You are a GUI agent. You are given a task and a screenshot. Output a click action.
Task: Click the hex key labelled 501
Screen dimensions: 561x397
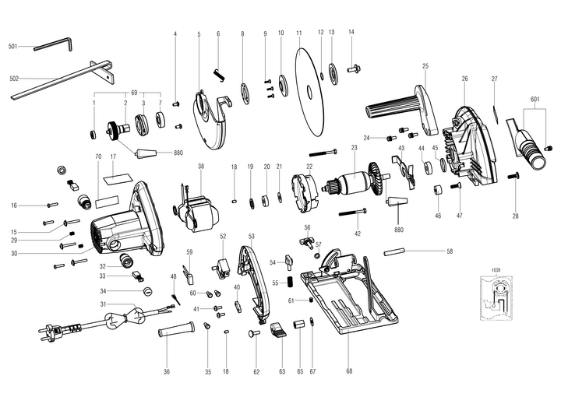(x=54, y=44)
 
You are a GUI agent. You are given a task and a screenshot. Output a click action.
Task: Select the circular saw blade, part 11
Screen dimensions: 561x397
(x=309, y=92)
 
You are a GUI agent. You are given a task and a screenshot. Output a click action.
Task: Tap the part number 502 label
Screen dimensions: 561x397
(x=13, y=79)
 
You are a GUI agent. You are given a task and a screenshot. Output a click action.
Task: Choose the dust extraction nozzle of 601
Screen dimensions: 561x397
(x=527, y=144)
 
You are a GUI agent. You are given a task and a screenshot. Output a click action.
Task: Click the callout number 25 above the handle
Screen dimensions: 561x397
(x=425, y=66)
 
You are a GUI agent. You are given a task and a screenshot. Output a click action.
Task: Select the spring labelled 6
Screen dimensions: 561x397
(x=219, y=75)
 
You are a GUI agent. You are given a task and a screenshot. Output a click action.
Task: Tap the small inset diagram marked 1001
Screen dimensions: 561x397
(x=495, y=297)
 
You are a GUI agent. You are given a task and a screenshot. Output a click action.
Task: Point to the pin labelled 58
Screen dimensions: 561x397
(x=393, y=251)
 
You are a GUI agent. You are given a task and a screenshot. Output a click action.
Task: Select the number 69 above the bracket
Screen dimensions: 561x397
(x=134, y=93)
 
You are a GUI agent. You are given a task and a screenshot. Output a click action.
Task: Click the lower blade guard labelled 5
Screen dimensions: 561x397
(x=213, y=121)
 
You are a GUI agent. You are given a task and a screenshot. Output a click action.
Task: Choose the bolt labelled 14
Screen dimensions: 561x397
(x=354, y=68)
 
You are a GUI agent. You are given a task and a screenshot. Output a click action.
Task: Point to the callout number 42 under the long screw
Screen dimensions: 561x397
(x=358, y=234)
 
